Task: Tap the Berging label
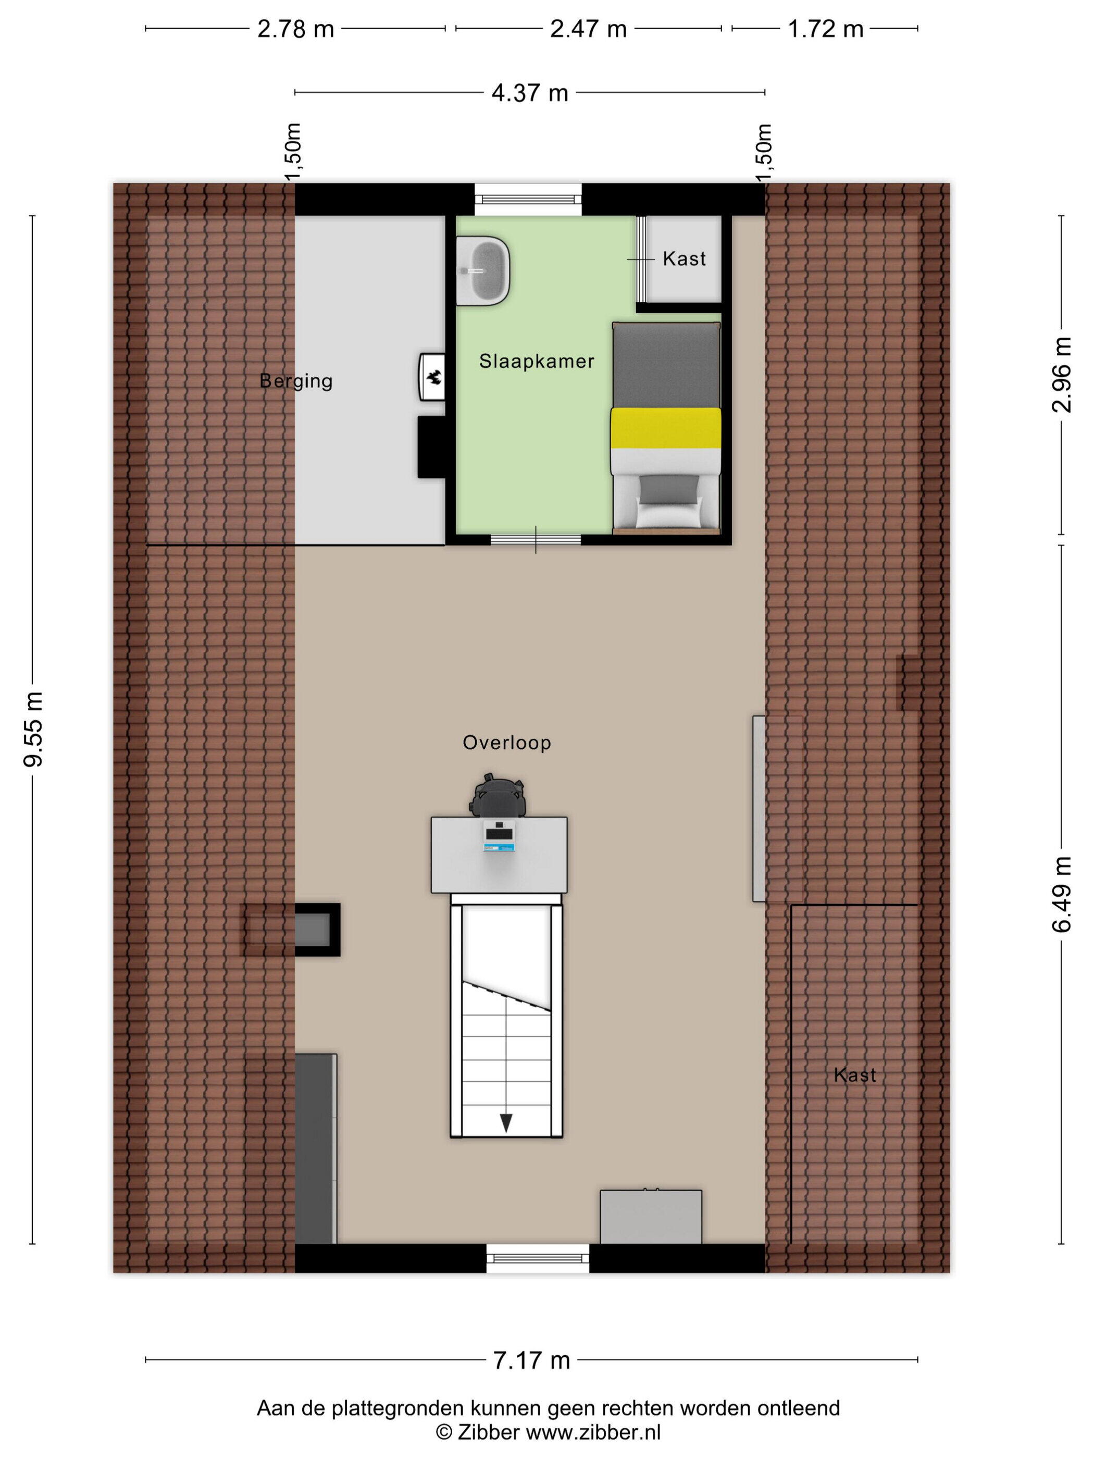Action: tap(296, 381)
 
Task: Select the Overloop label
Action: tap(506, 743)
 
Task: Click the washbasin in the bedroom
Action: tap(483, 271)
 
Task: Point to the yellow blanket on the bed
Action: tap(665, 428)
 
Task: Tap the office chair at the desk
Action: tap(498, 797)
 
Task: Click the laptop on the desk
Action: tap(499, 836)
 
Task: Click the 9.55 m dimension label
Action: tap(33, 729)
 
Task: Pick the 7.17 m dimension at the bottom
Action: tap(531, 1360)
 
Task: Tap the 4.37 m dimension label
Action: tap(529, 93)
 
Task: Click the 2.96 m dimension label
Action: tap(1061, 375)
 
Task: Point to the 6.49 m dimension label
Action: tap(1061, 894)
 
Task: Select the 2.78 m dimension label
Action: tap(295, 30)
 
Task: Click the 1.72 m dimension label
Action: tap(826, 30)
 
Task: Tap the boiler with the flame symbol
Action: tap(432, 377)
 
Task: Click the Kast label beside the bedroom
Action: tap(684, 258)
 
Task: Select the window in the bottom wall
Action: tap(538, 1258)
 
